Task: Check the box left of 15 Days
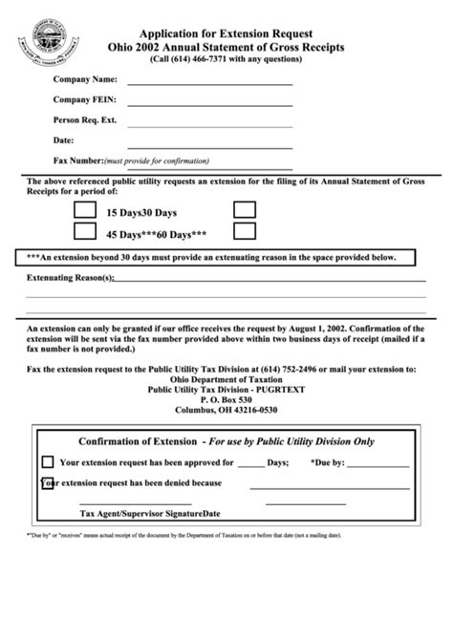pyautogui.click(x=85, y=209)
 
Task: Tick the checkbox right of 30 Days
pyautogui.click(x=245, y=209)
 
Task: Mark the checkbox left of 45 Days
pyautogui.click(x=85, y=231)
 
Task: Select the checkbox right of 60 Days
pyautogui.click(x=245, y=231)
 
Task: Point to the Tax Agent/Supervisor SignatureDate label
pyautogui.click(x=149, y=513)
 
